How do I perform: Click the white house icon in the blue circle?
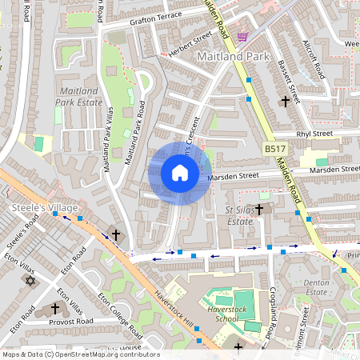pos(180,174)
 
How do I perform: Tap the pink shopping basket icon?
pos(242,37)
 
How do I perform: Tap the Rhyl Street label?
pos(314,134)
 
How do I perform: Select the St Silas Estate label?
pos(240,215)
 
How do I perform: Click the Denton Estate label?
pos(317,287)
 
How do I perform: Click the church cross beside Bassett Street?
pos(286,102)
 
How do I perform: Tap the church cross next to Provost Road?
pos(55,308)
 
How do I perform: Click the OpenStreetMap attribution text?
pos(80,354)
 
